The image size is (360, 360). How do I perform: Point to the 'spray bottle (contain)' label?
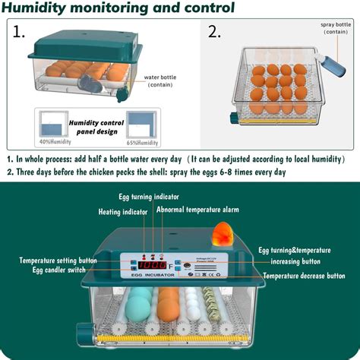tap(334, 29)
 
